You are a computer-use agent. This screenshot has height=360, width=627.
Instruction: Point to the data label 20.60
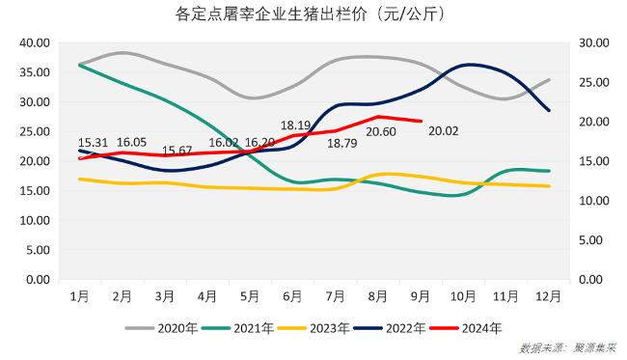tap(381, 132)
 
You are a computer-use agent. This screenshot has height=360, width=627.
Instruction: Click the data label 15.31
tap(93, 141)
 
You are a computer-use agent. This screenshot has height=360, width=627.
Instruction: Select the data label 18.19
tap(296, 125)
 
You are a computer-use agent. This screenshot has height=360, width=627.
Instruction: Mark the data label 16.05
tap(132, 141)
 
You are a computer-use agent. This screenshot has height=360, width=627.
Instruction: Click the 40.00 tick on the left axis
tap(34, 42)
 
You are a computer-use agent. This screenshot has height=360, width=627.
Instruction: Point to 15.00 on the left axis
tap(34, 191)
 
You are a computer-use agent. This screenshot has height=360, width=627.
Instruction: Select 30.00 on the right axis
tap(590, 42)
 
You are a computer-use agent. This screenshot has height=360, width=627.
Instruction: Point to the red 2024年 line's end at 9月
tap(421, 121)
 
